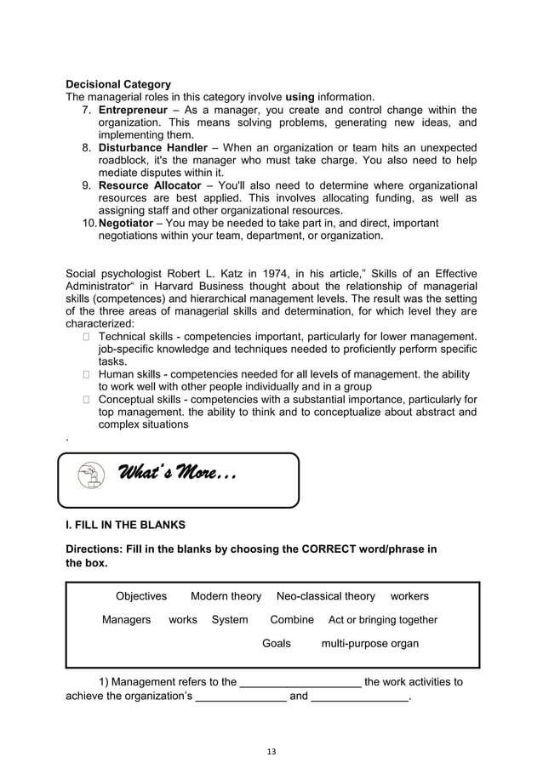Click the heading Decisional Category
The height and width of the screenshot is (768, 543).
(x=118, y=85)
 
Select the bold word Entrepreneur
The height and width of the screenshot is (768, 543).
(x=133, y=111)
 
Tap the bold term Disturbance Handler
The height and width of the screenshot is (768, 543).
(x=153, y=148)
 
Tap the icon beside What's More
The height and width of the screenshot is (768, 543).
(x=89, y=477)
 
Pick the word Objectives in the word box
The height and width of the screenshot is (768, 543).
(x=141, y=596)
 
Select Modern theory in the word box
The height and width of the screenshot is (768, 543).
(x=226, y=596)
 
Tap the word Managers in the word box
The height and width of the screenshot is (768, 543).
(x=127, y=620)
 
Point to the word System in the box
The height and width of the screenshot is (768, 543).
(x=230, y=620)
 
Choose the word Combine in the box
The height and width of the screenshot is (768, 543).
(x=292, y=620)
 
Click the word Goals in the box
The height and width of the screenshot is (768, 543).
(x=277, y=644)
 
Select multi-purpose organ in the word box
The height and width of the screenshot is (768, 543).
(x=369, y=644)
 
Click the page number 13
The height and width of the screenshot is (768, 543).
(x=271, y=751)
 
